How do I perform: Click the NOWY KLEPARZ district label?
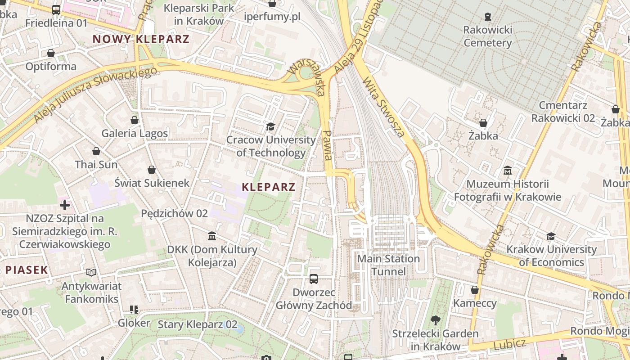(x=141, y=39)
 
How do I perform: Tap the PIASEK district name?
(x=27, y=270)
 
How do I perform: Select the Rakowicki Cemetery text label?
(x=488, y=36)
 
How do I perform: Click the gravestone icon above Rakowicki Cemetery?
(x=488, y=17)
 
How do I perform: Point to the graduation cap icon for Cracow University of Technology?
(x=270, y=126)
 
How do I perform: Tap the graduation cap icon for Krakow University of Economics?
(x=551, y=236)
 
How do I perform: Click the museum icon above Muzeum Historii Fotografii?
(x=508, y=171)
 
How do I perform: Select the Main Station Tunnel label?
(x=388, y=265)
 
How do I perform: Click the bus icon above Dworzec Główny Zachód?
(x=314, y=279)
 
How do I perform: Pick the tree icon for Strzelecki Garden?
(x=435, y=320)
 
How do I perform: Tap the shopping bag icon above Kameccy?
(x=474, y=290)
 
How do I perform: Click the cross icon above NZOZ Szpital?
(x=65, y=205)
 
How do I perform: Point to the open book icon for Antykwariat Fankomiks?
(x=91, y=272)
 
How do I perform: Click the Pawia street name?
(x=328, y=145)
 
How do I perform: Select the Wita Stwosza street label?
(x=383, y=107)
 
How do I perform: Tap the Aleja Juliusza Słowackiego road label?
(x=95, y=94)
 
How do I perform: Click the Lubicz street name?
(x=509, y=345)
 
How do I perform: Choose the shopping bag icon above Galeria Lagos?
(x=134, y=120)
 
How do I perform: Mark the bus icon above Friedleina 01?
(x=56, y=9)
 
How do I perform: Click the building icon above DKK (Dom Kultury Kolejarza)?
(x=212, y=236)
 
